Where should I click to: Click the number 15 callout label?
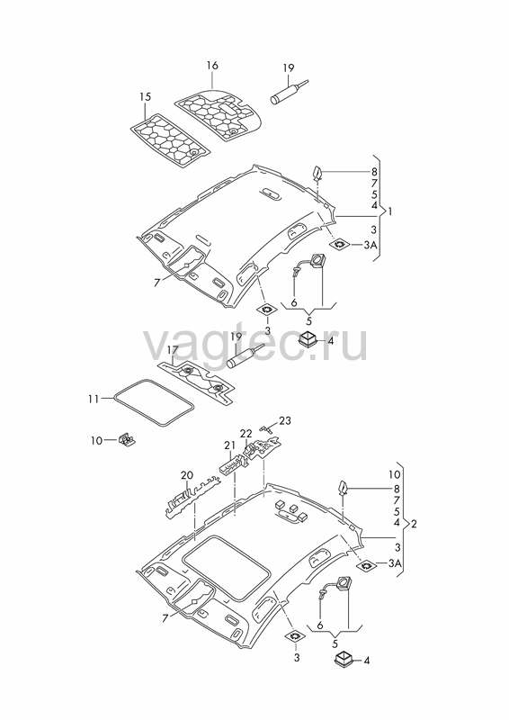point(145,97)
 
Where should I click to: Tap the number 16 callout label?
point(212,65)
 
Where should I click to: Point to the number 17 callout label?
point(172,350)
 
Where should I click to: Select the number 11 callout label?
point(94,399)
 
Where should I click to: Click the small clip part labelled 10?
point(127,439)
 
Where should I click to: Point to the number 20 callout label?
point(187,475)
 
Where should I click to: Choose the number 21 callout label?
point(229,445)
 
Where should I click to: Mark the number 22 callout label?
point(246,433)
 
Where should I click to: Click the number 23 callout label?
point(285,420)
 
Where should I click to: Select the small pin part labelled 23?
point(265,428)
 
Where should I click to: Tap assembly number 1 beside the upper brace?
point(390,211)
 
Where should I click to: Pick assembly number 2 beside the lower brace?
point(414,524)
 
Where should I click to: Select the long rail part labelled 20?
point(192,498)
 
